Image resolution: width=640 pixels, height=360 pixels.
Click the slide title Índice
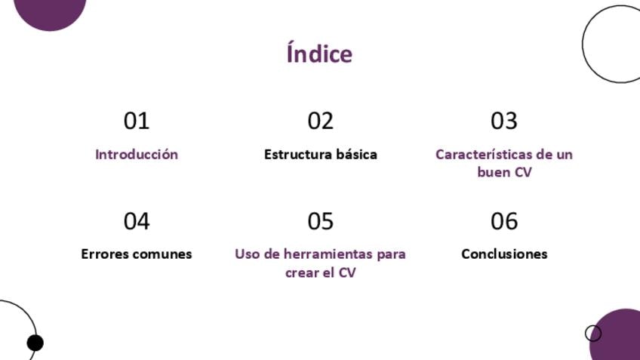point(319,53)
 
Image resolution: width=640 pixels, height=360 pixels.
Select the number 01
point(137,121)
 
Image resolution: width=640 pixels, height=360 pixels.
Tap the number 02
point(321,121)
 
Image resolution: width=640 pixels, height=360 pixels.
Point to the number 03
point(504,121)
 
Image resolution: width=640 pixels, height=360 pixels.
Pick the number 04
point(137,221)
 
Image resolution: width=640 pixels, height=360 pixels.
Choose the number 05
point(321,221)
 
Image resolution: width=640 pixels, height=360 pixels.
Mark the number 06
point(504,221)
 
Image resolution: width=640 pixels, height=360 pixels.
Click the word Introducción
point(137,154)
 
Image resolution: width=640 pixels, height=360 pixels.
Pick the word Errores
point(104,254)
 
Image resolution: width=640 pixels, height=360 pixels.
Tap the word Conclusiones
point(504,254)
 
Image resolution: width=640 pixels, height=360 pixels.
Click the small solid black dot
point(35,343)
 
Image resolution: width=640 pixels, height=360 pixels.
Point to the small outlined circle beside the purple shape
point(593,333)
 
